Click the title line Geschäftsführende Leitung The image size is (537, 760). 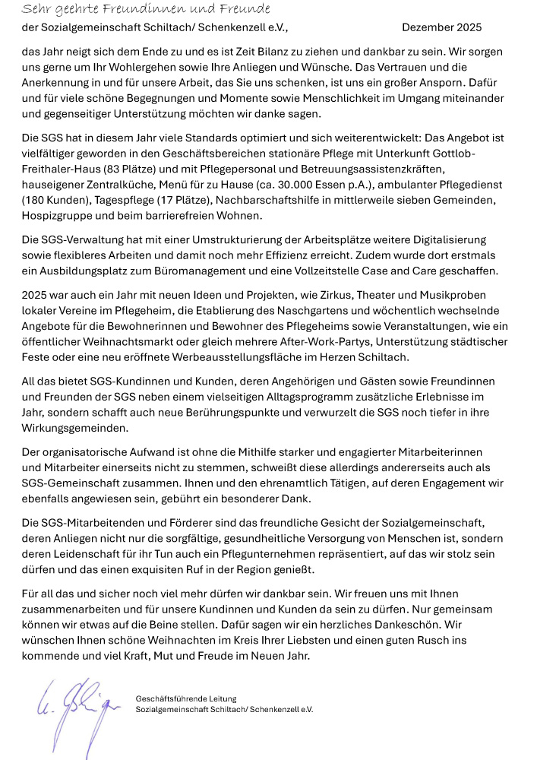tap(186, 698)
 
